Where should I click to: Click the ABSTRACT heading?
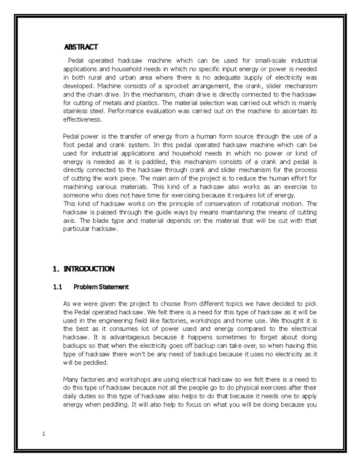[x=81, y=47]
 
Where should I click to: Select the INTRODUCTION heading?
[x=89, y=269]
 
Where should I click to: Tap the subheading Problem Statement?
[x=101, y=287]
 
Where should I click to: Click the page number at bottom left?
[x=44, y=434]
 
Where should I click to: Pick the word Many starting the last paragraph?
[x=70, y=380]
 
